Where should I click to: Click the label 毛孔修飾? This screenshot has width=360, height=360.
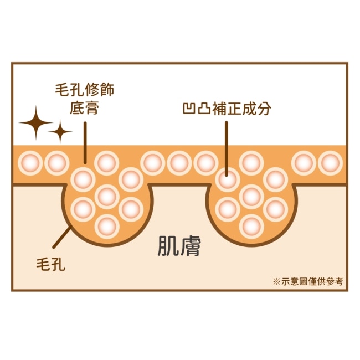[85, 90]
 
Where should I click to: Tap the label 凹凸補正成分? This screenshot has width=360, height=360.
[227, 109]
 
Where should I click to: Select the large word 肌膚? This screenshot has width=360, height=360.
[179, 246]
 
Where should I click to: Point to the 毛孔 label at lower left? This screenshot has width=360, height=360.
[51, 264]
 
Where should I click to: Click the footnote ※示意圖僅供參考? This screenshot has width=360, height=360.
[308, 281]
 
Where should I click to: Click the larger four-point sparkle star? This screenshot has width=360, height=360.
[36, 123]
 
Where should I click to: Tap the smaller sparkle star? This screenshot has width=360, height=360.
[60, 132]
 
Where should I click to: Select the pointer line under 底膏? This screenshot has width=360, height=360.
[85, 143]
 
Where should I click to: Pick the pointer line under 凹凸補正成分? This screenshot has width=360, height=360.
[227, 149]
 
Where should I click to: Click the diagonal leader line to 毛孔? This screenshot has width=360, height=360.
[61, 237]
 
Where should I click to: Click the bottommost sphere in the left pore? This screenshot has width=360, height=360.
[107, 227]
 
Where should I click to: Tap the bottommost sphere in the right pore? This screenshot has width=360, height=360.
[251, 227]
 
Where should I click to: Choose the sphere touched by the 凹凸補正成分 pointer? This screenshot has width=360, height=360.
[228, 179]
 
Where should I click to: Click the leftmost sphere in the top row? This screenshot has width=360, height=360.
[30, 163]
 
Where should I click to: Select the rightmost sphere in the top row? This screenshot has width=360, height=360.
[331, 163]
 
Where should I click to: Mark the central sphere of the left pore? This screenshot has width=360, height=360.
[107, 197]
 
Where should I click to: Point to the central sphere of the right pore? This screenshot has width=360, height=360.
[251, 197]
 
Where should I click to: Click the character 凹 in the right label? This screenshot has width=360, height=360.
[189, 109]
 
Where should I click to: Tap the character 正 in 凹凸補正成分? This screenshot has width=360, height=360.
[234, 109]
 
